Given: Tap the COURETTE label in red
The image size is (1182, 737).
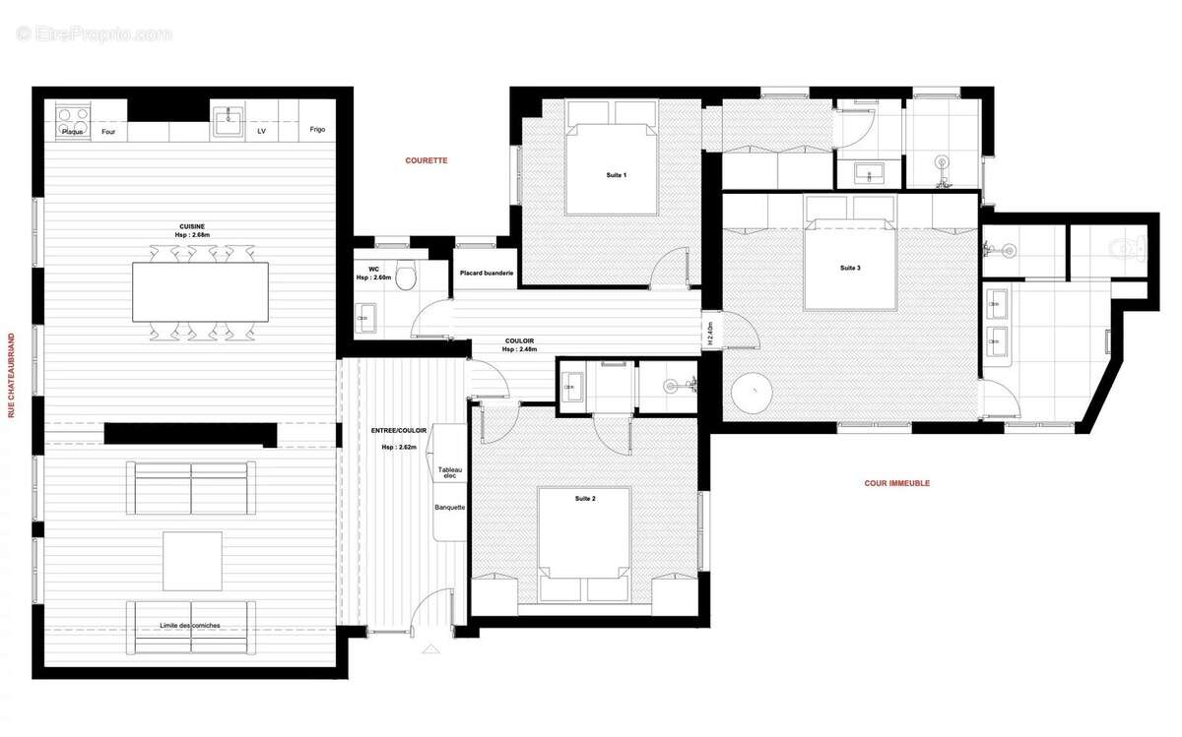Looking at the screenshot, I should [x=427, y=160].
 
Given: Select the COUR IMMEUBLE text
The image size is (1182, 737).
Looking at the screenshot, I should [x=896, y=483].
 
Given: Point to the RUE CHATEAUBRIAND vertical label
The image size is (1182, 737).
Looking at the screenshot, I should [x=12, y=376].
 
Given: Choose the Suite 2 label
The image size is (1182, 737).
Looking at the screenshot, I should [x=585, y=499].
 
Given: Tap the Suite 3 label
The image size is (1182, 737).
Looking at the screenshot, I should [x=850, y=268].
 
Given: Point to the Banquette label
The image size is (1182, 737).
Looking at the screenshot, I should [x=449, y=508].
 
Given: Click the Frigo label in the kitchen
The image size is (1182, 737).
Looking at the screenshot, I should [x=316, y=130].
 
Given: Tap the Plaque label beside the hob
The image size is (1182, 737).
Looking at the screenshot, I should [x=72, y=131].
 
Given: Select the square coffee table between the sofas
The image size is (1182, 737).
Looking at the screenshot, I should [x=192, y=561].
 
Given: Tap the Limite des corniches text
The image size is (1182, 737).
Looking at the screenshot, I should [x=190, y=626].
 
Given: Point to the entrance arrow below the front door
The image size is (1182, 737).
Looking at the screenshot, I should [x=430, y=650].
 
